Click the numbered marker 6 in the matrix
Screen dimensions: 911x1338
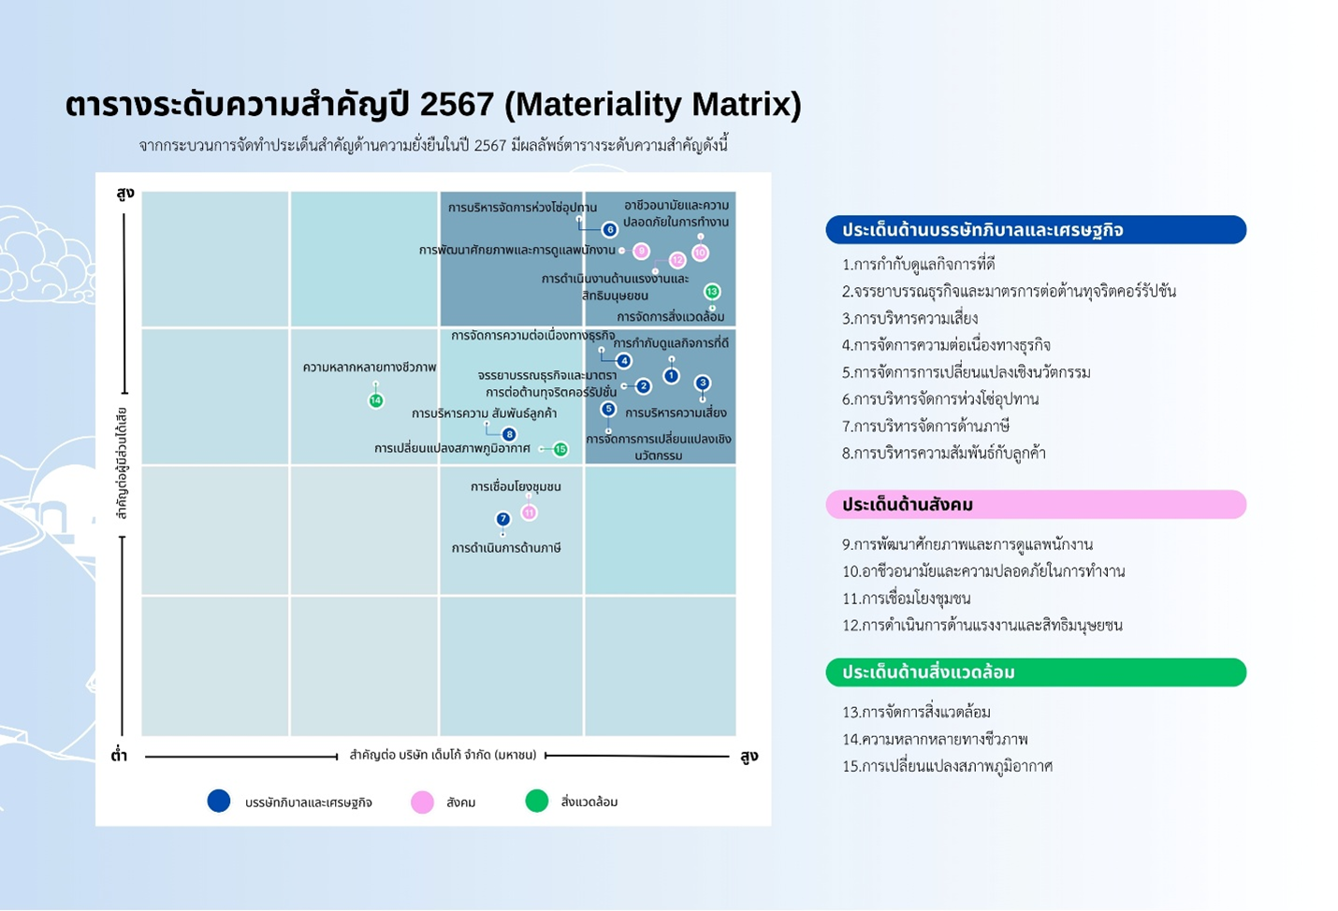coord(609,229)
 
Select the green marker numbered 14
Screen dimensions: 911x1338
coord(375,400)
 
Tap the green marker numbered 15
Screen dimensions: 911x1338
coord(560,449)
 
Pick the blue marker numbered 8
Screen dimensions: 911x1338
coord(509,434)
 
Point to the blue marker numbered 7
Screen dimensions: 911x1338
coord(502,519)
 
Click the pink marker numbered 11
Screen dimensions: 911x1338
coord(529,513)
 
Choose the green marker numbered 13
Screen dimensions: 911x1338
coord(711,292)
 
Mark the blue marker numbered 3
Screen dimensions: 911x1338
coord(703,383)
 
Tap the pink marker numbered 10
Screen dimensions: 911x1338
coord(700,253)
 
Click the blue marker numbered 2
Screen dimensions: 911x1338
coord(643,385)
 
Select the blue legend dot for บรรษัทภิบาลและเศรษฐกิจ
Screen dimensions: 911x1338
coord(219,801)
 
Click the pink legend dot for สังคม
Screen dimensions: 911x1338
coord(422,802)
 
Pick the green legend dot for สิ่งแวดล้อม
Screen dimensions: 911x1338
coord(536,801)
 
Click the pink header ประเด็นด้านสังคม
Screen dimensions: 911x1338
coord(1035,504)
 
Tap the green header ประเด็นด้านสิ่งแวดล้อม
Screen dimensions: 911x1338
coord(1035,672)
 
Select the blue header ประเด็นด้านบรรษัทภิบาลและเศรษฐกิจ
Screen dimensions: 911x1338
coord(1035,229)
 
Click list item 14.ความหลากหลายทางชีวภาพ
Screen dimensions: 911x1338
coord(935,739)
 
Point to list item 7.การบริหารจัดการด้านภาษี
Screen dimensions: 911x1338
coord(925,427)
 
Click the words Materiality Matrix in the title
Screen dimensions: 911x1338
coord(652,104)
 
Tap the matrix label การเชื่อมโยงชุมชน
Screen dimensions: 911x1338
coord(516,486)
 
